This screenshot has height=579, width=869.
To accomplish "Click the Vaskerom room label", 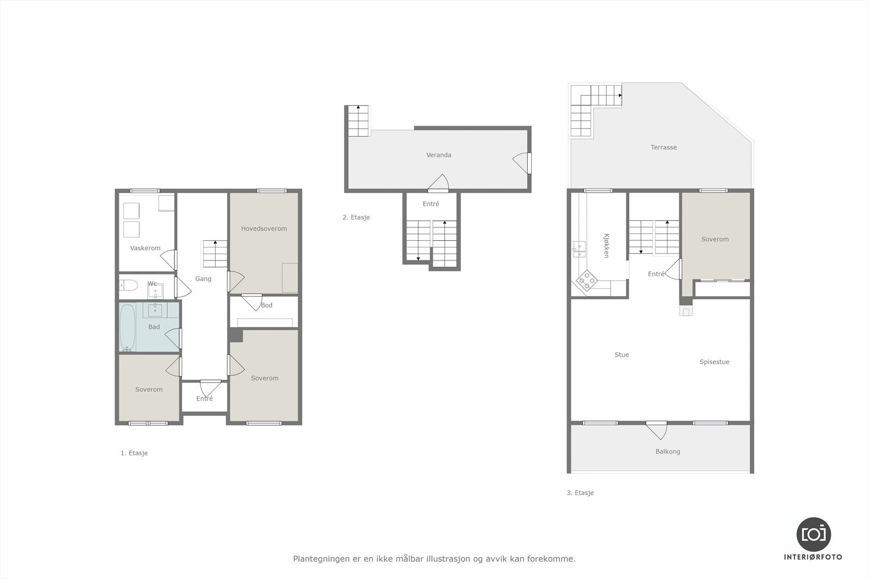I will click(x=145, y=248).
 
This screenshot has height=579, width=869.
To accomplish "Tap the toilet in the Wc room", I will click(x=129, y=285).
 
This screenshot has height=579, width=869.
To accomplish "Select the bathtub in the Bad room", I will click(x=128, y=327).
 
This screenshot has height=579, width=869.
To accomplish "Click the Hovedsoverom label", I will click(x=264, y=228).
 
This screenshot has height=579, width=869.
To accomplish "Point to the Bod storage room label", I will click(x=267, y=305).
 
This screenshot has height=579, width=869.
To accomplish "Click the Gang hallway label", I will click(x=203, y=278).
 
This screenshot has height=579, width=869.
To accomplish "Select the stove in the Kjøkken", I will click(x=587, y=281).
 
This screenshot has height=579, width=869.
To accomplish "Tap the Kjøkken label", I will click(x=606, y=245).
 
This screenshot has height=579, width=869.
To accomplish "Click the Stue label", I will click(x=621, y=354).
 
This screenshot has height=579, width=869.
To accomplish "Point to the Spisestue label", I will click(x=714, y=361).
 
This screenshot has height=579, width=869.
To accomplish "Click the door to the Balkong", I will click(x=657, y=430).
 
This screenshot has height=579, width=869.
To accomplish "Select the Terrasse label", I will click(x=664, y=147).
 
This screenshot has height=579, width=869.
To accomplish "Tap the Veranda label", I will click(x=438, y=155).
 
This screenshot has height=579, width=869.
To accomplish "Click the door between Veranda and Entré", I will click(x=438, y=184).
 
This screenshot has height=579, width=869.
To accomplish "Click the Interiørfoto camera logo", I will click(x=813, y=533).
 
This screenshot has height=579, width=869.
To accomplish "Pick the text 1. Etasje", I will click(x=134, y=453).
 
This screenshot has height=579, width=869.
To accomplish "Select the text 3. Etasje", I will click(x=580, y=493).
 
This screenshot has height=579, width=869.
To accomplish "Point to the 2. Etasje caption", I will click(x=356, y=217).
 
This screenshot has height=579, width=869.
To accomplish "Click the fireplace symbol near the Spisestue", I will click(x=687, y=310).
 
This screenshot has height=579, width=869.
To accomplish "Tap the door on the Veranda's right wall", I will click(x=522, y=163).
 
